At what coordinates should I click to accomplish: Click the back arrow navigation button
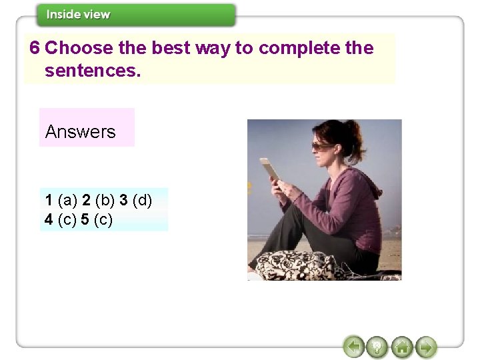(x=354, y=347)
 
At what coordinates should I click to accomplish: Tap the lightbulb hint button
(x=377, y=347)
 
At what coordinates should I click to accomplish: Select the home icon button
(x=401, y=347)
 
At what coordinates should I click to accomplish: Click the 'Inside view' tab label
(x=79, y=14)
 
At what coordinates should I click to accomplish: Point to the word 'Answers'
(x=80, y=132)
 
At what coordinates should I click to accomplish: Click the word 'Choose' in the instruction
(x=73, y=48)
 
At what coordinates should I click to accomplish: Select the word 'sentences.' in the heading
(x=93, y=70)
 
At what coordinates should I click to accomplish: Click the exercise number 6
(x=35, y=48)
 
